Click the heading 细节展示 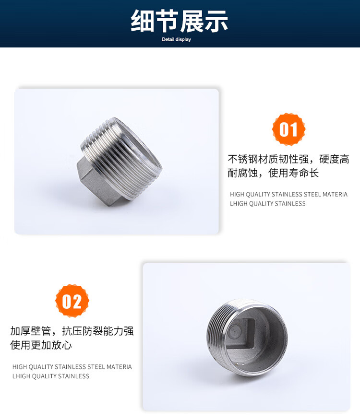point(180,21)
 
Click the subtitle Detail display point(176,39)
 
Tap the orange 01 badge point(288,129)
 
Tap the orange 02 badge point(72,301)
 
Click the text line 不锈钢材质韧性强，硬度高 point(288,159)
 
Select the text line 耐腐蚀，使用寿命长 point(273,173)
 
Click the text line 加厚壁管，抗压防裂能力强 point(72,331)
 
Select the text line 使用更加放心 point(41,345)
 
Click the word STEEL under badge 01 point(312,194)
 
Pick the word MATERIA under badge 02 point(119,367)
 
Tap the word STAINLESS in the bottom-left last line point(73,376)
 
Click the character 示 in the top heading point(216,21)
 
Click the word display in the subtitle point(183,39)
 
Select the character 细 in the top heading point(143,21)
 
